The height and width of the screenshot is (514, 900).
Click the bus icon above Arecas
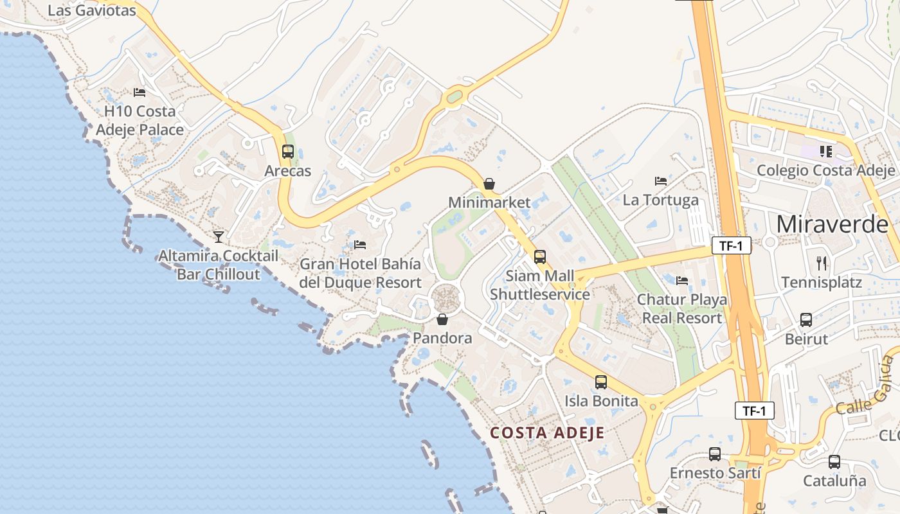click(x=288, y=152)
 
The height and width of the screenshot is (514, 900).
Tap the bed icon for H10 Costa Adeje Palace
click(x=139, y=93)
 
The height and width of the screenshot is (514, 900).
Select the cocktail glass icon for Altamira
click(x=219, y=236)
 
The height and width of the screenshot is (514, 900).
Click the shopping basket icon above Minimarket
click(x=489, y=184)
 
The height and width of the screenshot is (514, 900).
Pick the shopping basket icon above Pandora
click(x=442, y=319)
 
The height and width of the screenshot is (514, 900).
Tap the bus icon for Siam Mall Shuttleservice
click(x=540, y=257)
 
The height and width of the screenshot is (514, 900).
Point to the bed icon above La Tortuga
click(x=661, y=181)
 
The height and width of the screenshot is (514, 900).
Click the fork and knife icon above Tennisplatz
click(x=822, y=263)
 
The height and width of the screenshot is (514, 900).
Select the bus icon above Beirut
click(x=806, y=319)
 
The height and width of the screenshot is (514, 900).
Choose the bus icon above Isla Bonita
click(x=601, y=382)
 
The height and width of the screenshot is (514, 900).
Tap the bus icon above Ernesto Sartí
click(x=715, y=454)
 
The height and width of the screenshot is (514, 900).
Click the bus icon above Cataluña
click(x=834, y=461)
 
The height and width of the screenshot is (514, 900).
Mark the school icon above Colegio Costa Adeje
click(x=825, y=152)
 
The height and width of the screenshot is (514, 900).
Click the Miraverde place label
click(x=833, y=224)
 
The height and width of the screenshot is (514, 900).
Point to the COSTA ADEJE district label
click(x=547, y=432)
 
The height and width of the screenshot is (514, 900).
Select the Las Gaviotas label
click(x=92, y=10)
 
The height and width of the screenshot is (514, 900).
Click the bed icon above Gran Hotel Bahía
click(x=360, y=245)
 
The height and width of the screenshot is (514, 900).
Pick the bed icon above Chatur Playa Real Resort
click(x=682, y=280)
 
